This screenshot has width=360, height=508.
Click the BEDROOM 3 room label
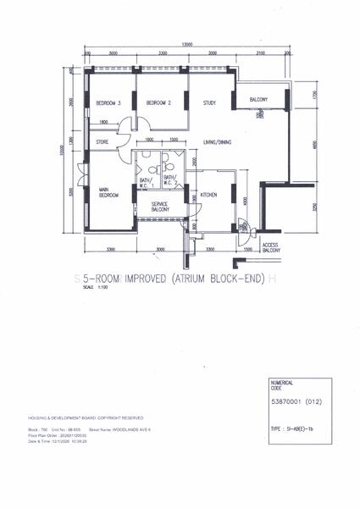click(x=108, y=103)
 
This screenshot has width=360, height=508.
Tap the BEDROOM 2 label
click(x=159, y=103)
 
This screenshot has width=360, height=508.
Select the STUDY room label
click(x=209, y=103)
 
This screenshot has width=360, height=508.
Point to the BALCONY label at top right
click(x=258, y=101)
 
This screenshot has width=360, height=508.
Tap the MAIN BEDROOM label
click(x=108, y=192)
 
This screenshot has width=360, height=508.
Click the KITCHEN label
click(x=208, y=195)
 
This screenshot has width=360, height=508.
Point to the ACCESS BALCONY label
click(x=271, y=248)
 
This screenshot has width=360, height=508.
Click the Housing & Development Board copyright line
click(x=98, y=418)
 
